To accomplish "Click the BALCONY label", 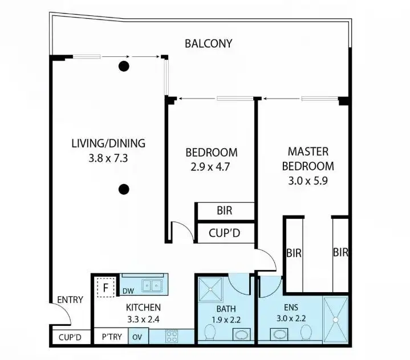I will pyautogui.click(x=209, y=43).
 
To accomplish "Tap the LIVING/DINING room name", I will pyautogui.click(x=108, y=143).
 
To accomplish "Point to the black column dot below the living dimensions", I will pyautogui.click(x=123, y=189).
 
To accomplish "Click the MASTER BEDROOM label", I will pyautogui.click(x=308, y=159).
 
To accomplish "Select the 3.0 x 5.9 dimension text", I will pyautogui.click(x=308, y=182).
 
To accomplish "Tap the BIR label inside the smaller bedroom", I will pyautogui.click(x=225, y=210).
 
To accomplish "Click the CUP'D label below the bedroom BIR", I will pyautogui.click(x=225, y=232).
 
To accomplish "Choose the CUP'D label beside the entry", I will pyautogui.click(x=70, y=338).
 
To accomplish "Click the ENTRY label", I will pyautogui.click(x=70, y=300).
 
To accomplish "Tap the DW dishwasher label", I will pyautogui.click(x=129, y=291).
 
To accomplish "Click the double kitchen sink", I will pyautogui.click(x=152, y=285).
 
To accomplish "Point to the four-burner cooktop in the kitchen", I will pyautogui.click(x=172, y=336).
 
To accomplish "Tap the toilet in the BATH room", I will pyautogui.click(x=209, y=332).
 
